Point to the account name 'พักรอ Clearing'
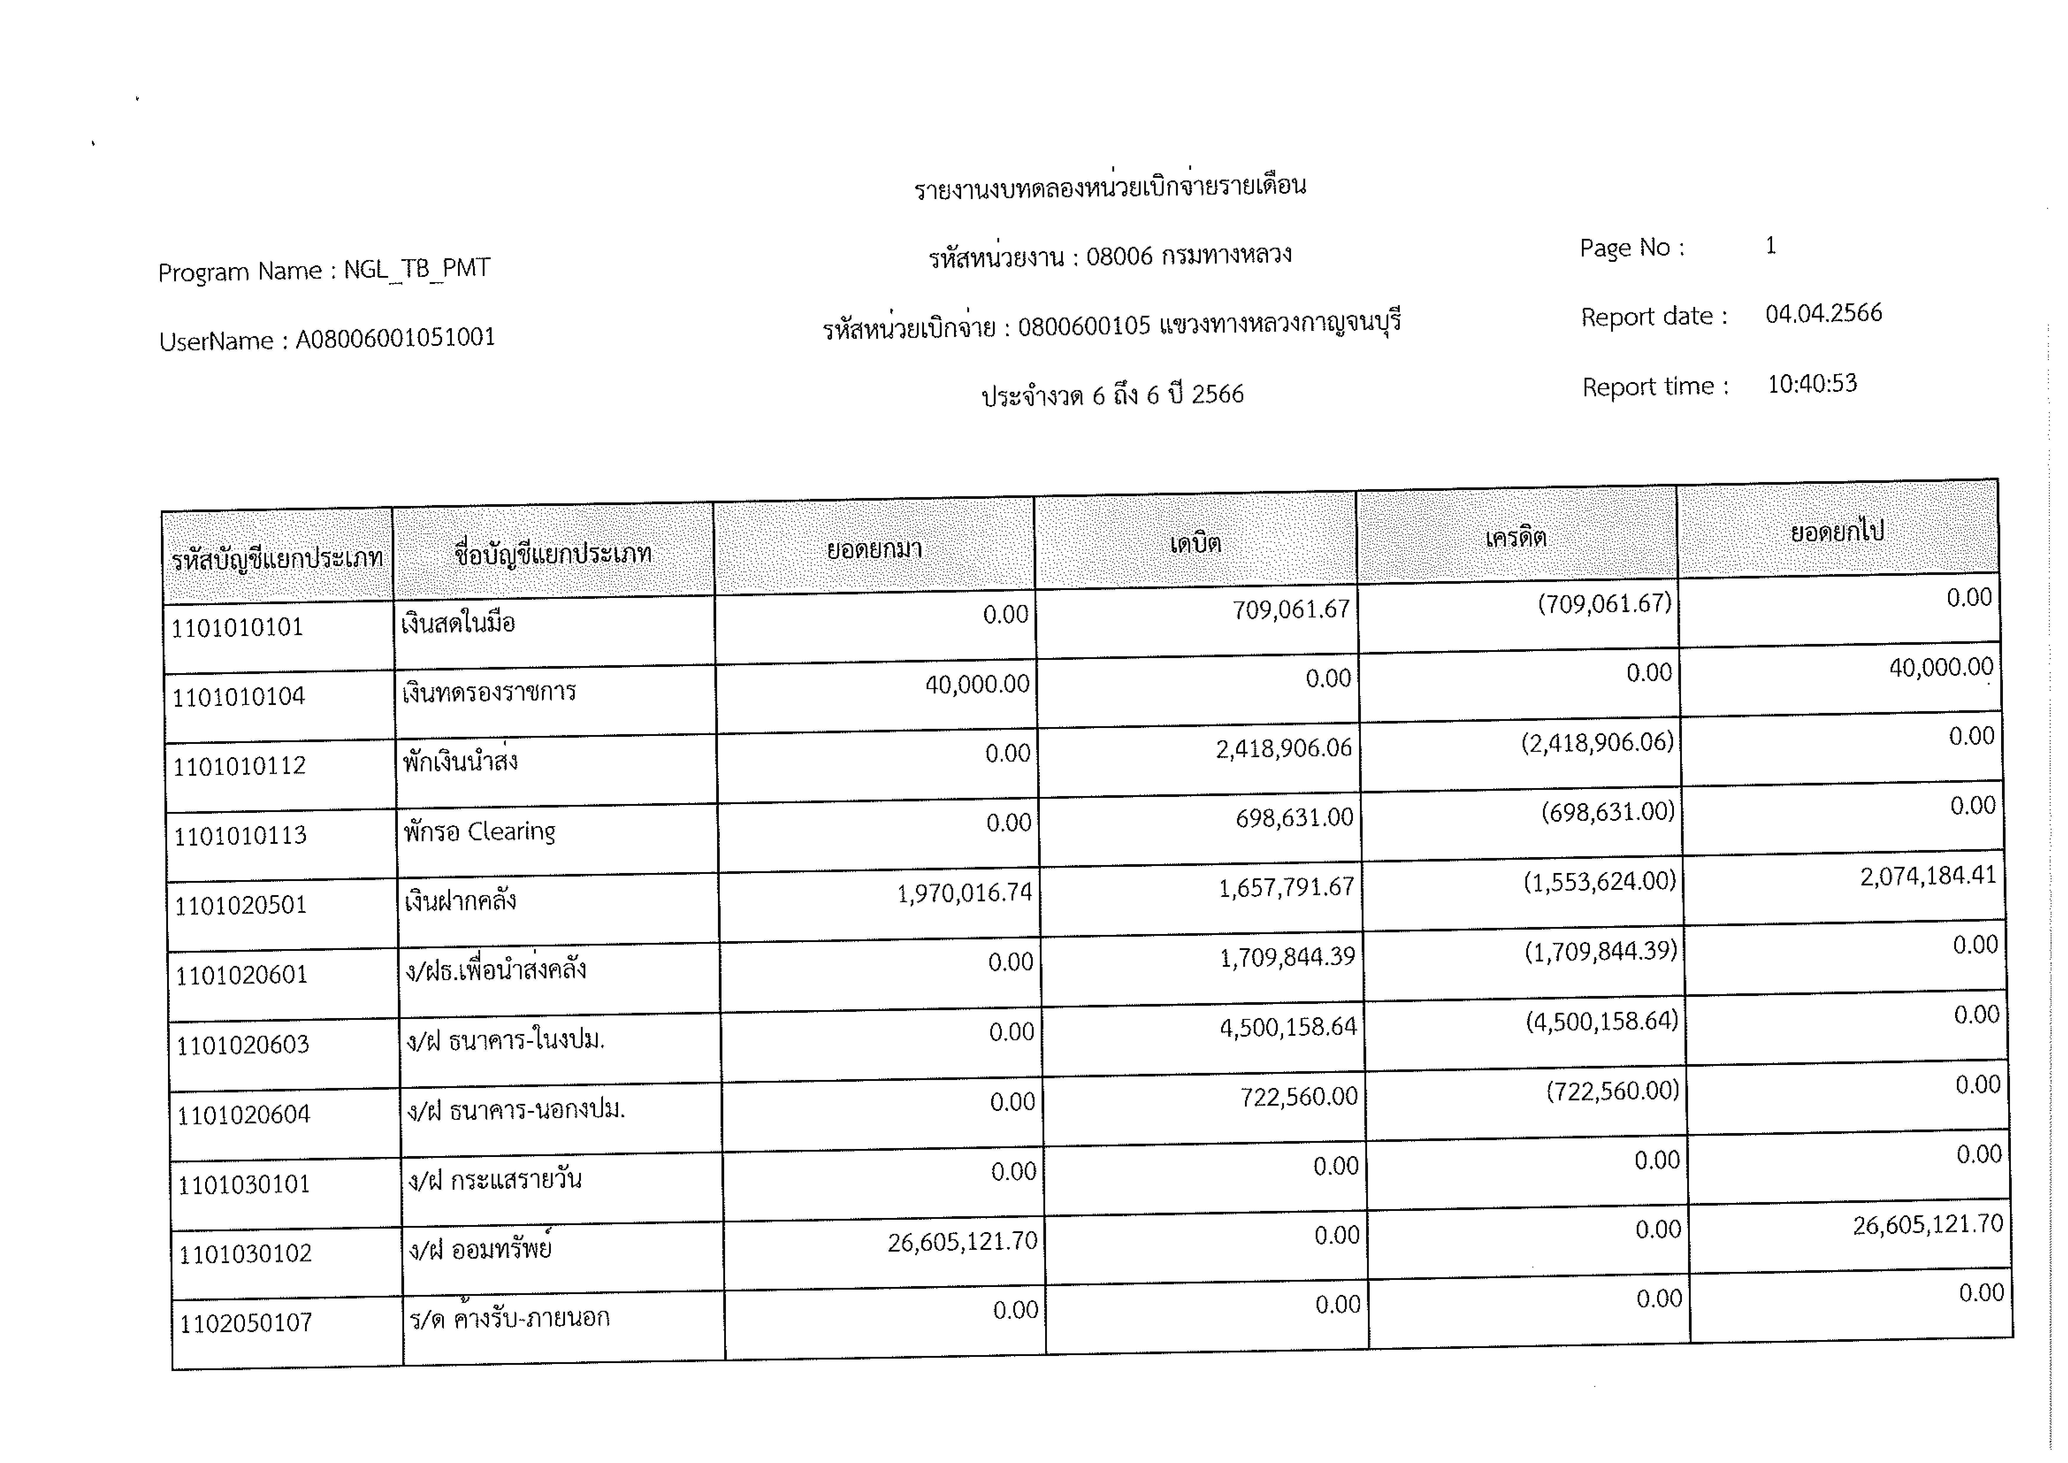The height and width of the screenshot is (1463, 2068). tap(479, 831)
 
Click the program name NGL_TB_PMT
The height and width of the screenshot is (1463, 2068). tap(417, 269)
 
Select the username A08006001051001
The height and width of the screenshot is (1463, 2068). tap(396, 338)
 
